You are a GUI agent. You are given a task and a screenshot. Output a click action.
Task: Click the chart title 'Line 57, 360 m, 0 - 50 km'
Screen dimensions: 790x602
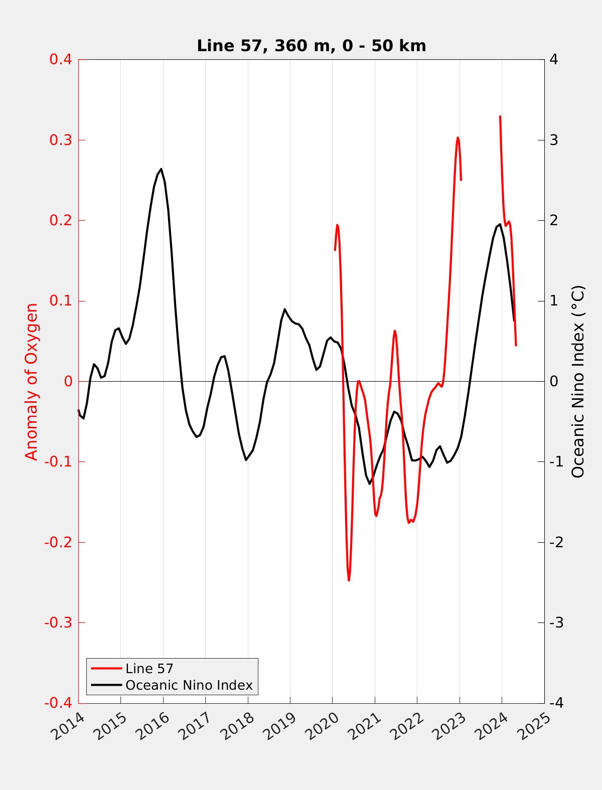(x=311, y=46)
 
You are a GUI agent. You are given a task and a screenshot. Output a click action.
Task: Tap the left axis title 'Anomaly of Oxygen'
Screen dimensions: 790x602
(x=32, y=381)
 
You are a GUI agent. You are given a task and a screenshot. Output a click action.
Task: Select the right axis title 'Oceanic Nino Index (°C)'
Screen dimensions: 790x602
(x=578, y=381)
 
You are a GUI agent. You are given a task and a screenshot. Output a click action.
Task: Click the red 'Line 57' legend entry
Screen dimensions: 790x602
(x=149, y=669)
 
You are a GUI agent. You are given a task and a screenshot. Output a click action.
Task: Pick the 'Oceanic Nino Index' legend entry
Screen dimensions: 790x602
(x=189, y=685)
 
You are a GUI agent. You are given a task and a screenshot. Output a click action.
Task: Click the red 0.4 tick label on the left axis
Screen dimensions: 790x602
(x=60, y=60)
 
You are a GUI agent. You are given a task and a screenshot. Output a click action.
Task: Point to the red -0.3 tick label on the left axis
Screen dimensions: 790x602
(x=58, y=623)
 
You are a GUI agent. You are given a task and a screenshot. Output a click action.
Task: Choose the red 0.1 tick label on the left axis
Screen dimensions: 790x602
(x=60, y=301)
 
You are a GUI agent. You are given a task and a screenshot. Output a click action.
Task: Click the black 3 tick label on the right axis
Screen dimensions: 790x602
(x=554, y=140)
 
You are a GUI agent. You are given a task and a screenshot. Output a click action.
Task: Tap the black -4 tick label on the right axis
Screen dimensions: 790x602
(x=556, y=703)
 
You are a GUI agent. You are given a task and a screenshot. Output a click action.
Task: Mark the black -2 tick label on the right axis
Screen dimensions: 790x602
(x=556, y=542)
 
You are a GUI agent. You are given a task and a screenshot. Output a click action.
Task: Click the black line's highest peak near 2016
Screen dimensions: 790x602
(x=161, y=169)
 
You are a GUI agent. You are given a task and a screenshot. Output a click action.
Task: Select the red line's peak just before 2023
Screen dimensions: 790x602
(x=458, y=137)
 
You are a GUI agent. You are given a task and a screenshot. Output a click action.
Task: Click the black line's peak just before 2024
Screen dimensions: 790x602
(x=500, y=224)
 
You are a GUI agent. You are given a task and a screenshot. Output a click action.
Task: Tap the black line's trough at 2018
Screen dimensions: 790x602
(x=246, y=460)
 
